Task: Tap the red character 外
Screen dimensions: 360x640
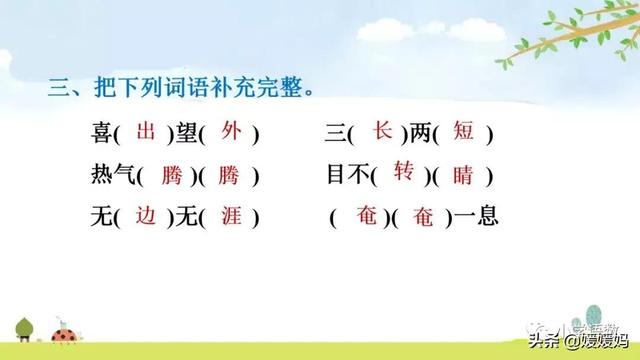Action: coord(232,131)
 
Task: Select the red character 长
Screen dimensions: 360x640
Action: coord(382,130)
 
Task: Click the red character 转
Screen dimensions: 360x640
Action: coord(403,172)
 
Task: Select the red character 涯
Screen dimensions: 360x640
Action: coord(233,216)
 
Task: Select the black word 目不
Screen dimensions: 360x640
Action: coord(347,175)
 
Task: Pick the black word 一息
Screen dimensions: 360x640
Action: coord(479,217)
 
